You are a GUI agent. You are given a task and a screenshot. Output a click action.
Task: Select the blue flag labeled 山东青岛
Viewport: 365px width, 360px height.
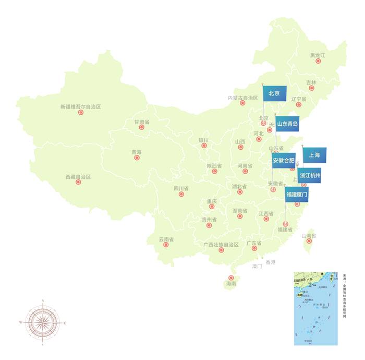287,124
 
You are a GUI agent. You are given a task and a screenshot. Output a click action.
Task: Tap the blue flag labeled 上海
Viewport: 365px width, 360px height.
314,154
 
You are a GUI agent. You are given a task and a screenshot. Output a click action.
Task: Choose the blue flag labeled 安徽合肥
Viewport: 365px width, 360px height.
284,161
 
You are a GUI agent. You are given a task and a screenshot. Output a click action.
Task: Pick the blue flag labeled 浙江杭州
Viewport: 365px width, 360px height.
310,176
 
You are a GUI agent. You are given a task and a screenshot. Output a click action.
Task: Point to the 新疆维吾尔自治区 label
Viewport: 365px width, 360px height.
80,106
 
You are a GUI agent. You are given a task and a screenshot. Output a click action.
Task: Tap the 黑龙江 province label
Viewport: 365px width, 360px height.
318,55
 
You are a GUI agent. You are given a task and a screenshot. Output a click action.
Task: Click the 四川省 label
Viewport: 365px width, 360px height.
181,188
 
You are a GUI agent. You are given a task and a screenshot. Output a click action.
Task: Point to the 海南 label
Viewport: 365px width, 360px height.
230,285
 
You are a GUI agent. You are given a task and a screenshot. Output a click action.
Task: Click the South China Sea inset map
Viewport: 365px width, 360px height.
315,308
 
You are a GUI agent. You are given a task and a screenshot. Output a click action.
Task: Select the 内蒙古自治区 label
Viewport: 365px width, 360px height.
243,98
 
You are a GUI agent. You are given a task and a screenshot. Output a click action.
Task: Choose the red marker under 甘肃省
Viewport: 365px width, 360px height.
141,127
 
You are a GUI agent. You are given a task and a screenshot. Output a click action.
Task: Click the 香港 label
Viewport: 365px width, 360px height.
270,261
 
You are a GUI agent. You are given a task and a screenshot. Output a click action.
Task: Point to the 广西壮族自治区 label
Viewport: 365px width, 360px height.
220,244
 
